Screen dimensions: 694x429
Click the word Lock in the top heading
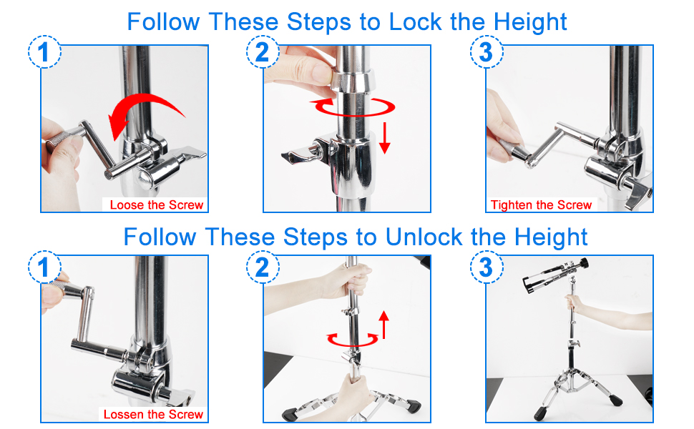coord(415,21)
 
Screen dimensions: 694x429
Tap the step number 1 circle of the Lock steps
coord(44,51)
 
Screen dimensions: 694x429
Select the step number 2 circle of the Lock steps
coord(263,51)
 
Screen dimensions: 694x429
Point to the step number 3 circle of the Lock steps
coord(487,51)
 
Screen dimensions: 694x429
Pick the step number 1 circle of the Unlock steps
coord(44,267)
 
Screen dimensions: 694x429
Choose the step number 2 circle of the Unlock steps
coord(263,267)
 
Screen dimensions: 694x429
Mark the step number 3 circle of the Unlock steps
coord(487,267)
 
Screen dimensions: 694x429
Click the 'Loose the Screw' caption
coord(156,204)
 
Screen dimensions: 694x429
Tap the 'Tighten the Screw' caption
coord(541,204)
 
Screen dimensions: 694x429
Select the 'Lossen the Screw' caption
coord(153,415)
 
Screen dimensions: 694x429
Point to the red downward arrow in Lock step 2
coord(385,138)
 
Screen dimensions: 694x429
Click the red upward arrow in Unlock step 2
coord(383,325)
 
